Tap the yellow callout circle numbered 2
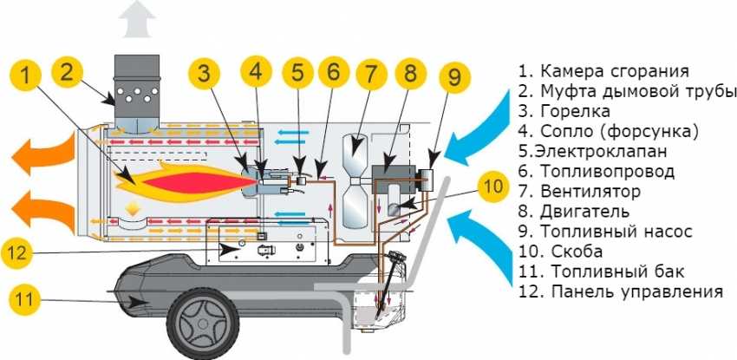(x=70, y=73)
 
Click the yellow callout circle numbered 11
(x=29, y=301)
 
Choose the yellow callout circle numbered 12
(x=29, y=252)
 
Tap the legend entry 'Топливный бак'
(x=606, y=272)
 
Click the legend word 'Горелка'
(x=575, y=111)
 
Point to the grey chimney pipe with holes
(x=138, y=91)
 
